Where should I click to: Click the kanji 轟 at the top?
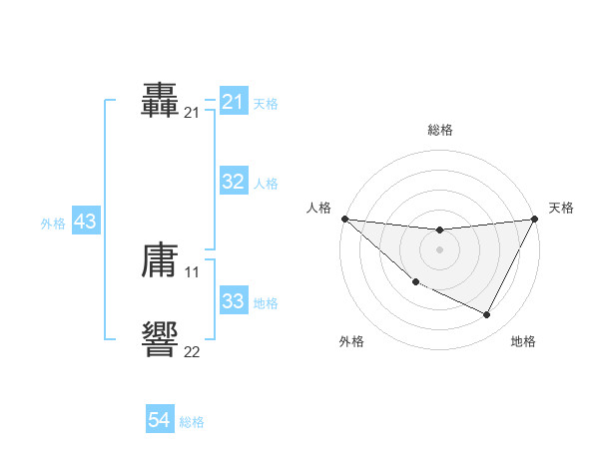coord(160,101)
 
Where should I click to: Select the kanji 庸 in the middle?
coord(160,261)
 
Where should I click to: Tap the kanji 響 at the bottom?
coord(160,339)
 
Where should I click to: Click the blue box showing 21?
coord(233,102)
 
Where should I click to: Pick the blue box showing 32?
coord(233,182)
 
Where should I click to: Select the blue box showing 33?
coord(233,301)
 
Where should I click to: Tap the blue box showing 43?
coord(85,222)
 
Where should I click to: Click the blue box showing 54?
coord(159,421)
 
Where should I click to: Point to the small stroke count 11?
coord(192,271)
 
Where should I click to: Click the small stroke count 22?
coord(192,350)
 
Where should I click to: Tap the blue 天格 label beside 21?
coord(266,103)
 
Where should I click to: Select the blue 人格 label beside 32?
coord(266,183)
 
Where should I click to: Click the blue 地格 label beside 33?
coord(266,302)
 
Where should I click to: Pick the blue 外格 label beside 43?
coord(53,223)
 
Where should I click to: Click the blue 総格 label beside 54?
coord(192,422)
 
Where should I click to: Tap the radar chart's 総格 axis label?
coord(439,130)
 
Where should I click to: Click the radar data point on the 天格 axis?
coord(534,219)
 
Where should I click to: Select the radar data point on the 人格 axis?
coord(344,219)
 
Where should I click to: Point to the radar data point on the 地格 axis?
coord(487,314)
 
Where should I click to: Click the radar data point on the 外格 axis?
coord(415,281)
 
